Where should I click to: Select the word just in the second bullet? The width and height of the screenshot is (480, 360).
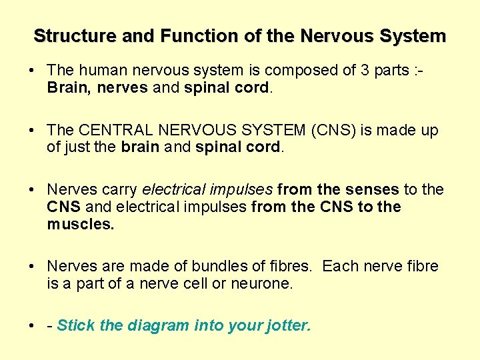click(77, 147)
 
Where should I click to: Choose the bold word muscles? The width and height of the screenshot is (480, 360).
click(81, 224)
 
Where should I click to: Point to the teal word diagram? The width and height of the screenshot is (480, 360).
click(158, 325)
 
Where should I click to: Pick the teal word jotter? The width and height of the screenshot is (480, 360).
click(289, 325)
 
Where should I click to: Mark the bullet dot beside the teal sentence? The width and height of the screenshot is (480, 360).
click(33, 326)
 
